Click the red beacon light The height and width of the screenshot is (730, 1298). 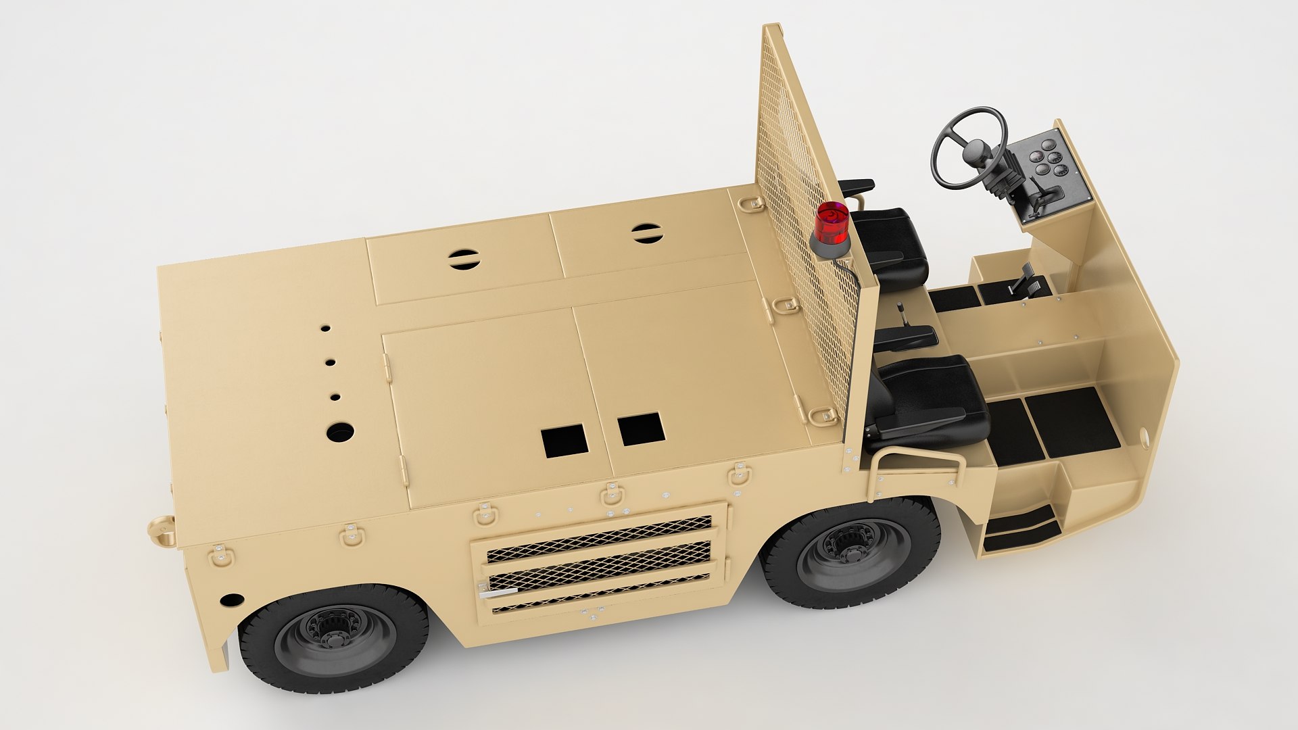click(832, 224)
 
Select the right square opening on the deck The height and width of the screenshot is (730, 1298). click(640, 429)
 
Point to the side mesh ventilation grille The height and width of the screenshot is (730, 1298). click(599, 564)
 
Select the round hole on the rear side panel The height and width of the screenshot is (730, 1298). click(232, 600)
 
